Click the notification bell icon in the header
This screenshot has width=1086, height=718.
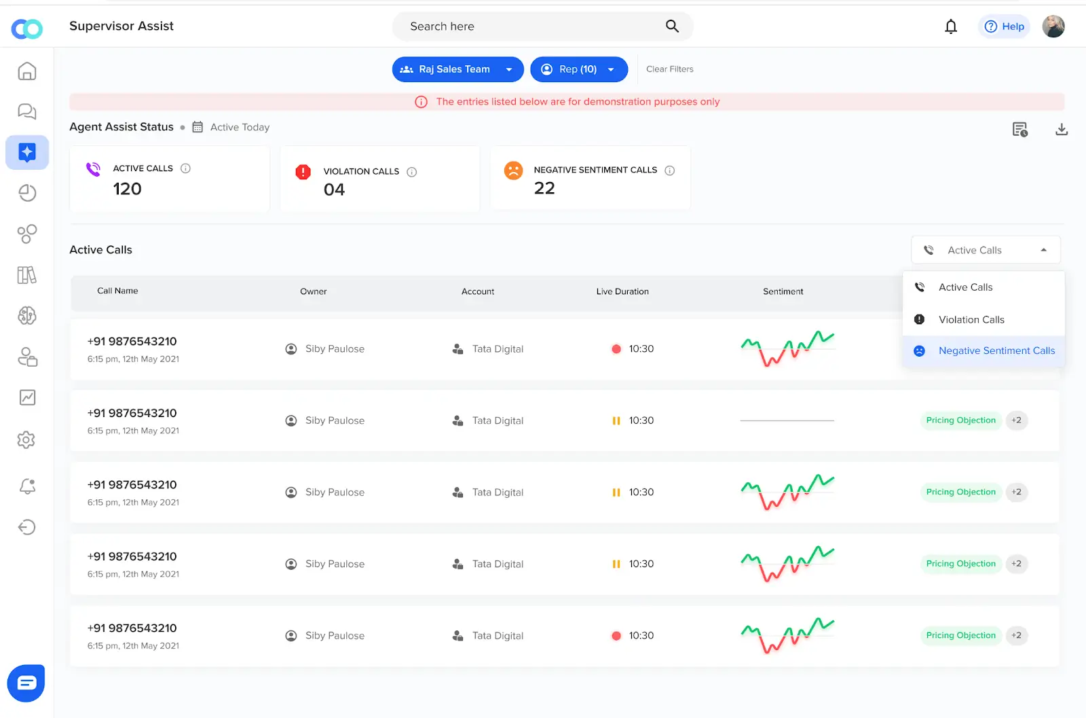pyautogui.click(x=951, y=26)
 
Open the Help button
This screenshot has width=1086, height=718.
pyautogui.click(x=1004, y=26)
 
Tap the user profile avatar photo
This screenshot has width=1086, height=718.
pyautogui.click(x=1053, y=26)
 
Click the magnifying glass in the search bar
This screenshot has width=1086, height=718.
pyautogui.click(x=672, y=26)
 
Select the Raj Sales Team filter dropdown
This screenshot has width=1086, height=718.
pyautogui.click(x=457, y=69)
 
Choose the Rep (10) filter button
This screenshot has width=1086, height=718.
pyautogui.click(x=578, y=69)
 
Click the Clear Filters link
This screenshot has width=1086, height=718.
pyautogui.click(x=669, y=69)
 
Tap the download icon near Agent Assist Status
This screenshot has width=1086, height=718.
pyautogui.click(x=1062, y=129)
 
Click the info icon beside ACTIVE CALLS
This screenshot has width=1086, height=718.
pyautogui.click(x=185, y=168)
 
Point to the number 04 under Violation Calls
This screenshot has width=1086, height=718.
pyautogui.click(x=334, y=190)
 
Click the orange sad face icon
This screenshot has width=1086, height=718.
pyautogui.click(x=513, y=170)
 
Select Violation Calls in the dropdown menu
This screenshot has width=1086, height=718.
pyautogui.click(x=971, y=319)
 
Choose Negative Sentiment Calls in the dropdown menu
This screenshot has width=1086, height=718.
pyautogui.click(x=996, y=351)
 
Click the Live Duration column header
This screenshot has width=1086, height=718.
pyautogui.click(x=622, y=291)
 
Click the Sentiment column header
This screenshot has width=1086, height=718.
pyautogui.click(x=783, y=291)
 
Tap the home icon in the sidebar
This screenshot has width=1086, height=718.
pyautogui.click(x=27, y=71)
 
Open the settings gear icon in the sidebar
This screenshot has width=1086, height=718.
pyautogui.click(x=26, y=439)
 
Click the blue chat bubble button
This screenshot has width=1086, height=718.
pyautogui.click(x=26, y=683)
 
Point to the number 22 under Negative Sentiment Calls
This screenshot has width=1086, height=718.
pyautogui.click(x=544, y=188)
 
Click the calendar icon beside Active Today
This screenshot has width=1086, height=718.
pyautogui.click(x=198, y=127)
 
